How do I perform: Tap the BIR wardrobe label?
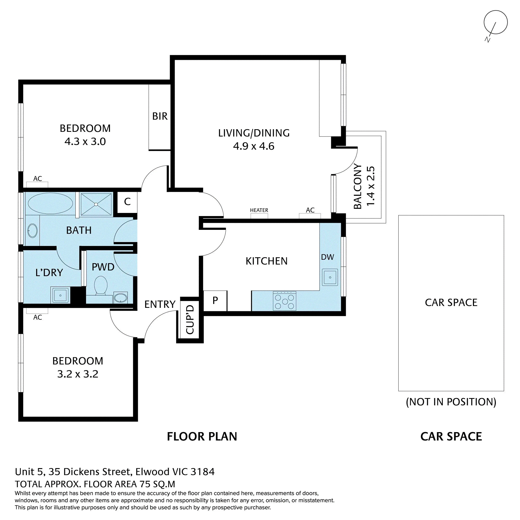coord(160,116)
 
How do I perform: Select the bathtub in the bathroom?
coord(50,204)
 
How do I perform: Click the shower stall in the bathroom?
coord(96,204)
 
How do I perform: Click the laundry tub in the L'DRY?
coord(60,295)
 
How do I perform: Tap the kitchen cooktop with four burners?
coord(284,301)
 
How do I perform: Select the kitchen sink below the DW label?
coord(330,277)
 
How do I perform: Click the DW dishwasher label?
coord(328,257)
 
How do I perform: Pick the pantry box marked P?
coord(215,301)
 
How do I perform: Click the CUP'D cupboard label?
coord(190,320)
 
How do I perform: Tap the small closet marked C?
coord(127,201)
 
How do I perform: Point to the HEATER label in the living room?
coord(259,210)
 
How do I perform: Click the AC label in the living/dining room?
coord(310,210)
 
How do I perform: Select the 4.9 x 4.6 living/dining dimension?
coord(254,146)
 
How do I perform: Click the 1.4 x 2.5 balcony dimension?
coord(370,186)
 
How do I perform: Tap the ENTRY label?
coord(160,304)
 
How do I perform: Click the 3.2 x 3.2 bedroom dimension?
coord(78,374)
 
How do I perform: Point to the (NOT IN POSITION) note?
coord(451,402)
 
